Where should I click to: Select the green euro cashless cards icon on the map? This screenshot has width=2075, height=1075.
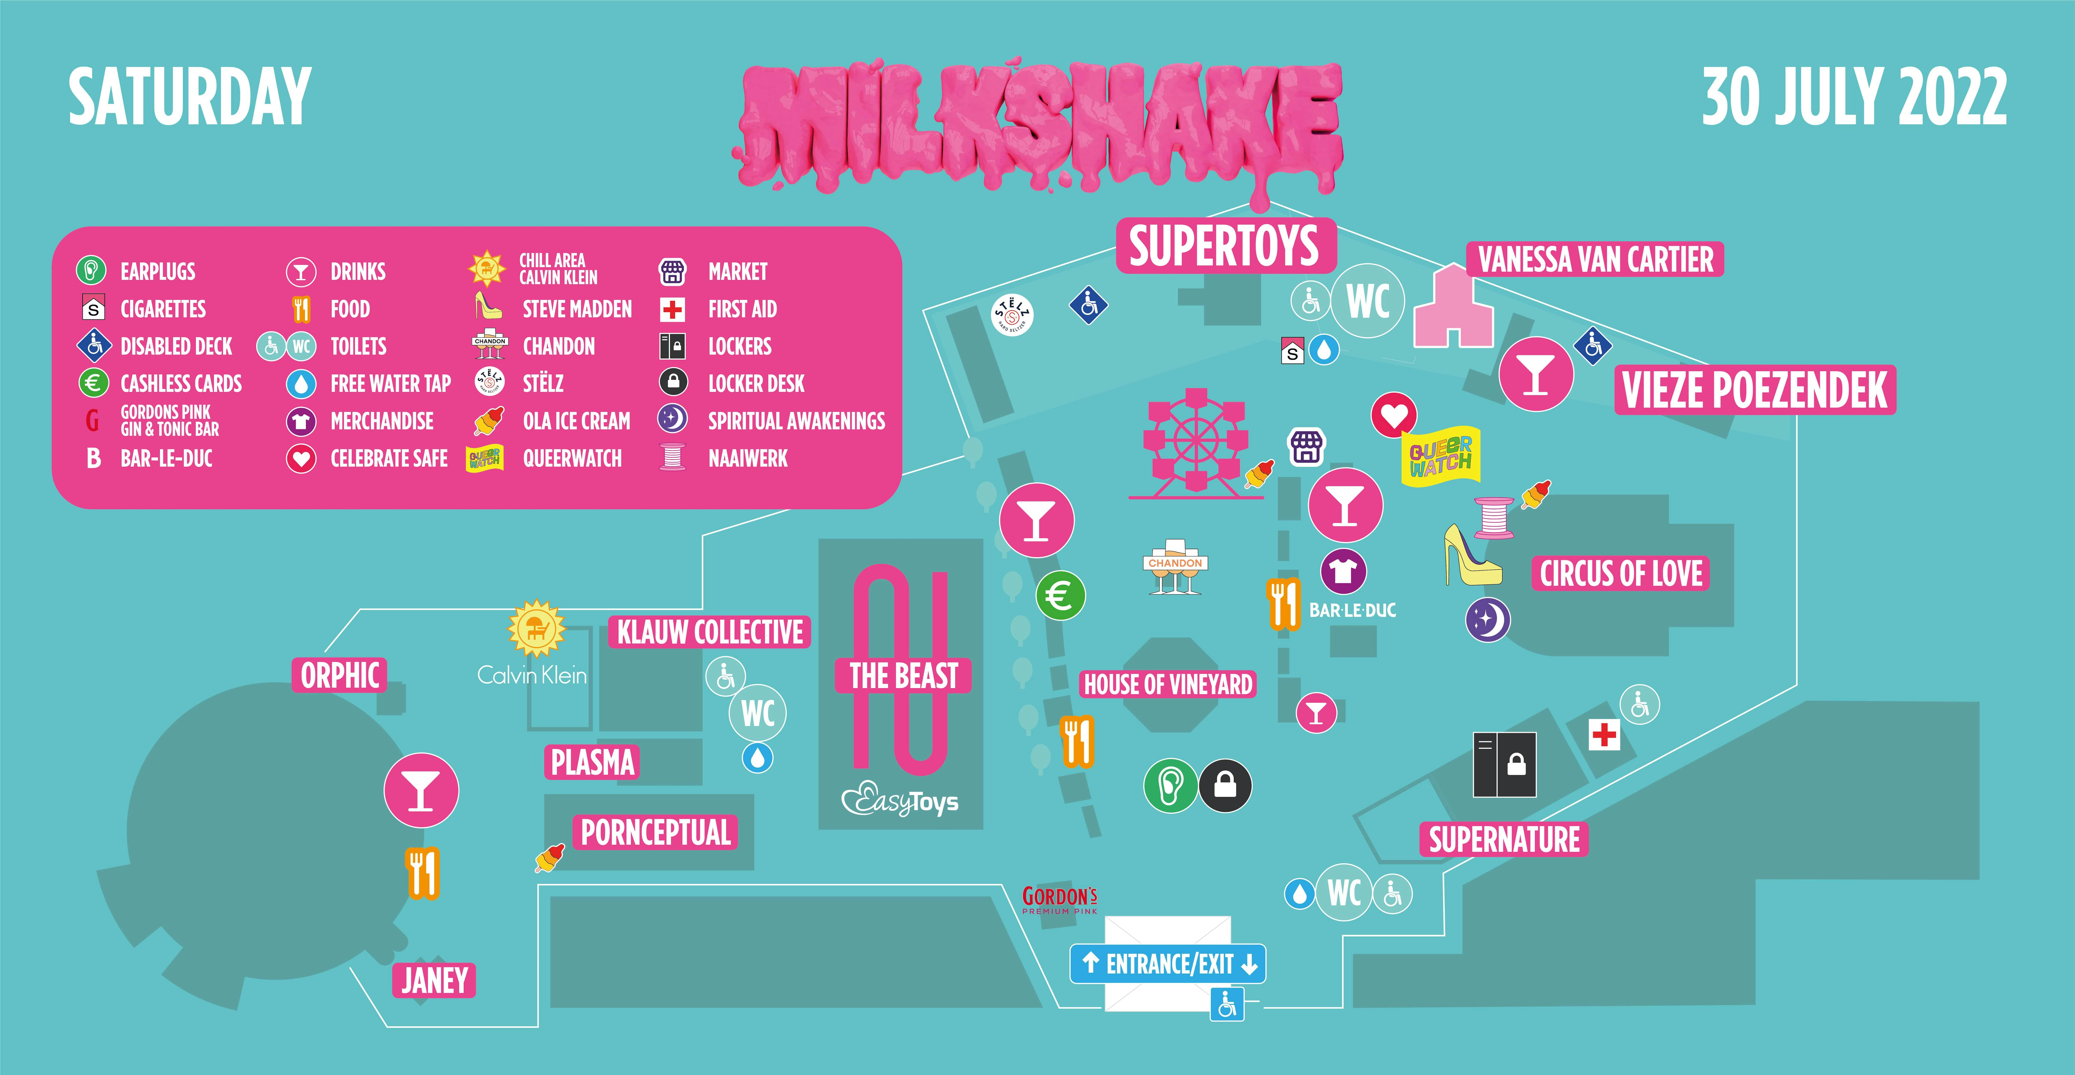click(1060, 596)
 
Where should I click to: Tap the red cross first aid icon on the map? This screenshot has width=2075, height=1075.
click(1604, 734)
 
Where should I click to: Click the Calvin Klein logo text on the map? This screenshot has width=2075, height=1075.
click(532, 675)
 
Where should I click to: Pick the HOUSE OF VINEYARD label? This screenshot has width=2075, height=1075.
click(1168, 684)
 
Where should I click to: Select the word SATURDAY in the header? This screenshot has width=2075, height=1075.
click(189, 97)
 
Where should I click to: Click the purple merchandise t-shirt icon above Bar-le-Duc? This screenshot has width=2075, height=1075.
click(1343, 571)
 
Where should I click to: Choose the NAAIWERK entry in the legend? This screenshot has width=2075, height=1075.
click(747, 459)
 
